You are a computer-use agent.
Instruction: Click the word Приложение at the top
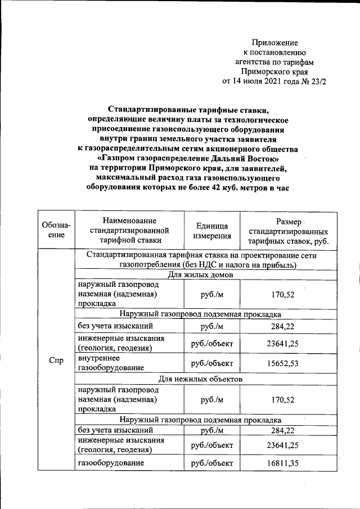coord(274,43)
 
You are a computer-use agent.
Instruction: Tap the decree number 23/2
coord(318,81)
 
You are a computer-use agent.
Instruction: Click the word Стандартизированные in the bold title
coord(147,110)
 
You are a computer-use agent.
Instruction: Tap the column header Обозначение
coord(56,231)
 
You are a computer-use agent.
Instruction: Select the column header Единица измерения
coord(212,231)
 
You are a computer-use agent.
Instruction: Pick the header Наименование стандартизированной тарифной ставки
coord(129,231)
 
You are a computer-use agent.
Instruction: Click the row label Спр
coord(56,360)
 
